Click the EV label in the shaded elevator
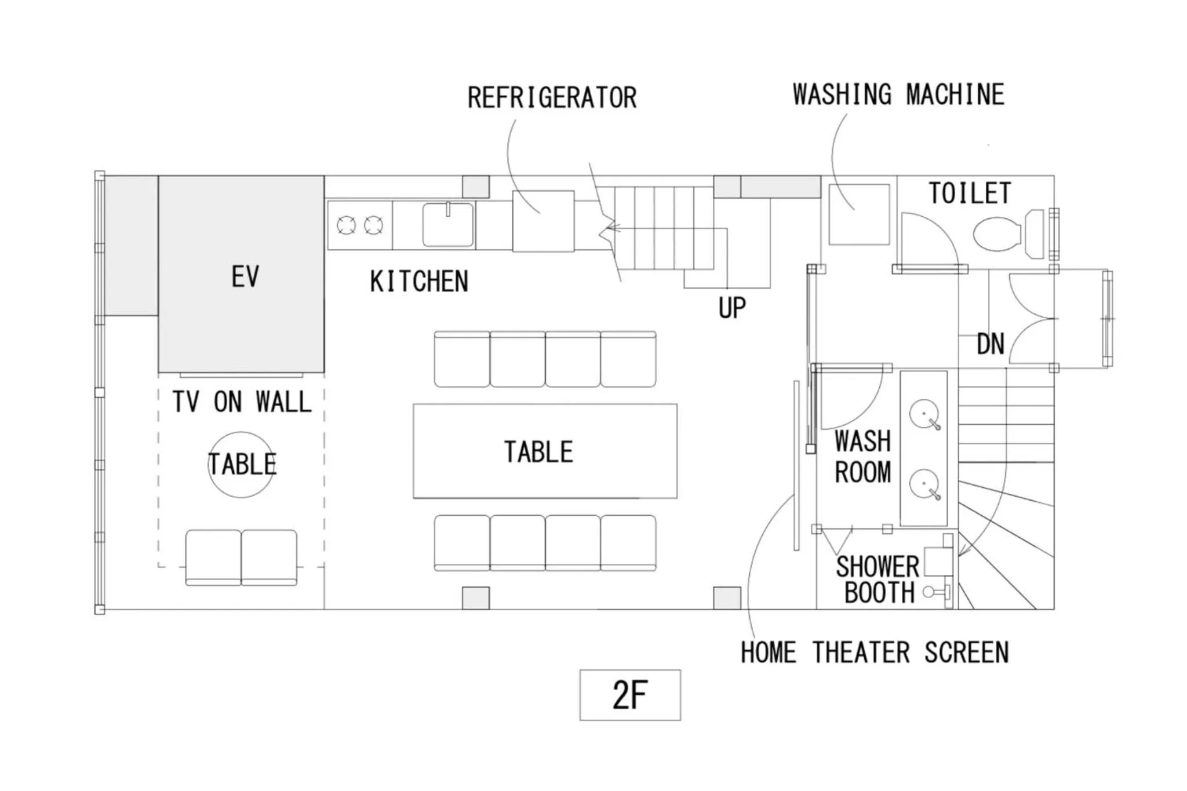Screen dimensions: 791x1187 click(245, 276)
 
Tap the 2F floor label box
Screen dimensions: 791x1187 click(630, 695)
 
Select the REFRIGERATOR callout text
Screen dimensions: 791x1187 click(552, 97)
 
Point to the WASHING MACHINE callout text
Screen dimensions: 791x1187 click(898, 95)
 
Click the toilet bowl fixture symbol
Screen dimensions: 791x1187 click(997, 234)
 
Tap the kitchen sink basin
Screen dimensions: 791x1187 click(447, 225)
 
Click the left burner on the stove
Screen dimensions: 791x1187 click(347, 225)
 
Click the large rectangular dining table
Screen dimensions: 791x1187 click(545, 451)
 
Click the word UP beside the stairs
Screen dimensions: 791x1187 click(732, 308)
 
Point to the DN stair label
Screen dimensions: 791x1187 click(991, 344)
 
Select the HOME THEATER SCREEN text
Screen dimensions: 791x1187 click(875, 653)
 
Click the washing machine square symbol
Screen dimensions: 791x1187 click(859, 214)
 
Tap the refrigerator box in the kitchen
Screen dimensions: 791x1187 click(543, 221)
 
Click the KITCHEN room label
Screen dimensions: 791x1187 click(419, 282)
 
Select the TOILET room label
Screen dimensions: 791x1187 click(970, 194)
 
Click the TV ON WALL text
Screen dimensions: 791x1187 click(242, 402)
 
